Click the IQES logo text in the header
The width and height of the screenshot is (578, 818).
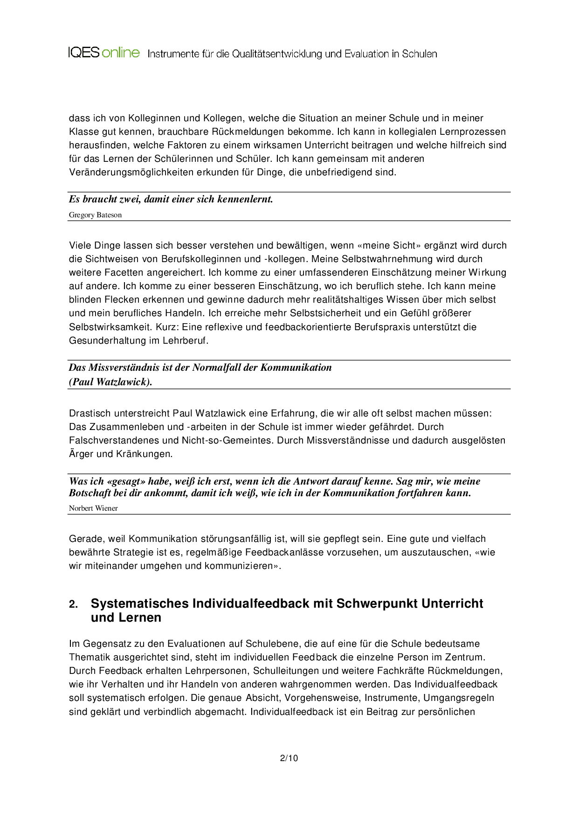tap(84, 52)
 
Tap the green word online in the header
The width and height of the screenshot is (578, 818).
tap(121, 52)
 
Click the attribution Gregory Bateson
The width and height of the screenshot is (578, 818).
tap(95, 215)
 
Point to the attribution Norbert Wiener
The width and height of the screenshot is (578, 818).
tap(93, 508)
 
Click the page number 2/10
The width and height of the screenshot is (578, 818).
tap(289, 758)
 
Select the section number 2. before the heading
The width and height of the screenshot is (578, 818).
tap(74, 604)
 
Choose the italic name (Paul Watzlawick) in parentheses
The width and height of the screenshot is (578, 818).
tap(110, 382)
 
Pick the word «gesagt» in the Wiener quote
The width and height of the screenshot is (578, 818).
tap(126, 481)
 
